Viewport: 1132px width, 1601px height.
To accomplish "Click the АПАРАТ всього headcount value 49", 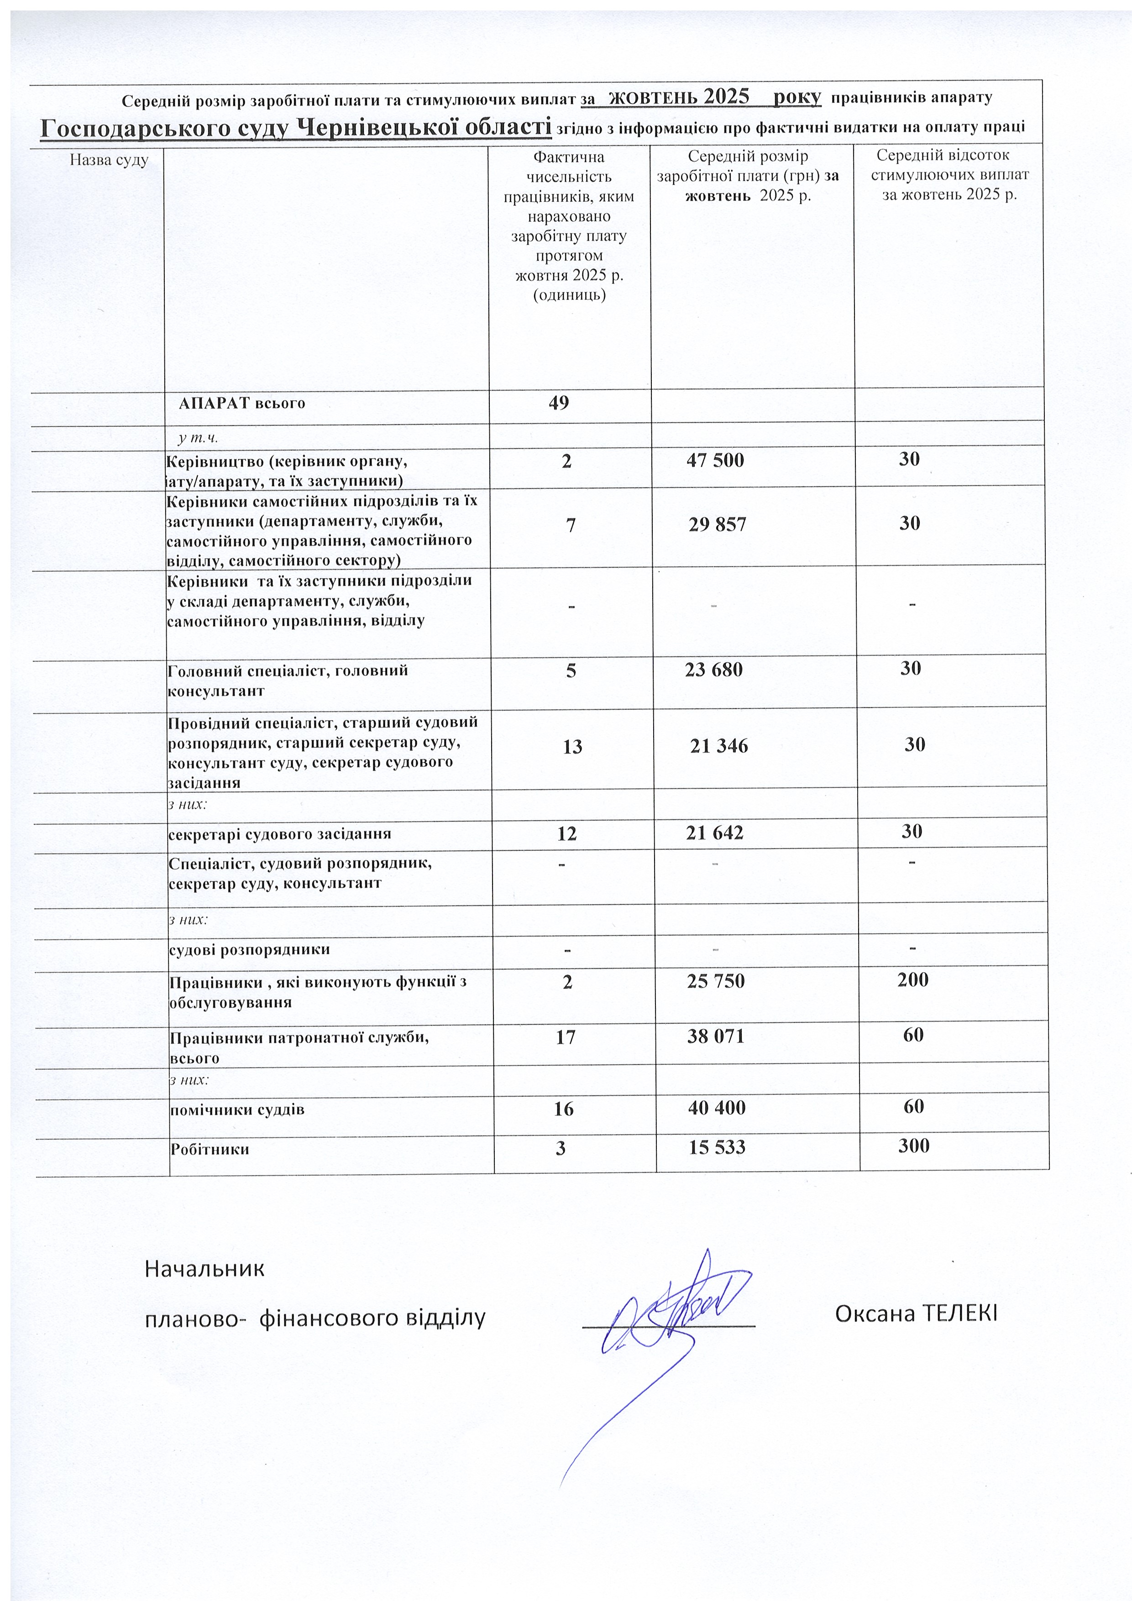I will pyautogui.click(x=559, y=403).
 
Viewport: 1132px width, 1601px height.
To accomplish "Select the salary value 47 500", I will pyautogui.click(x=715, y=460).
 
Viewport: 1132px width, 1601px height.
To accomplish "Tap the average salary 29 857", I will pyautogui.click(x=717, y=525).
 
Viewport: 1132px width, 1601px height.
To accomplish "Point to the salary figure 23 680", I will pyautogui.click(x=713, y=670).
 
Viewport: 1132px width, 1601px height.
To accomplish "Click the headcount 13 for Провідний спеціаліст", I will pyautogui.click(x=572, y=747).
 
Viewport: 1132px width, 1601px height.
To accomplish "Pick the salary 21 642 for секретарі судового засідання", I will pyautogui.click(x=714, y=832).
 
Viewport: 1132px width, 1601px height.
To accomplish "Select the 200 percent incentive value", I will pyautogui.click(x=912, y=980).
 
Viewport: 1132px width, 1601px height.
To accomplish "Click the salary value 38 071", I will pyautogui.click(x=716, y=1037).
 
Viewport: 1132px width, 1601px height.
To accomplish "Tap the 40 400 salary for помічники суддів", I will pyautogui.click(x=716, y=1107).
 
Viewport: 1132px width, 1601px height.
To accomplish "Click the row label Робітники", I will pyautogui.click(x=210, y=1149).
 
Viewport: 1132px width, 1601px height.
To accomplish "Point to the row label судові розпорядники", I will pyautogui.click(x=250, y=950).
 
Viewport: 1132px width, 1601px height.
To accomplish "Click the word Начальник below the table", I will pyautogui.click(x=204, y=1268).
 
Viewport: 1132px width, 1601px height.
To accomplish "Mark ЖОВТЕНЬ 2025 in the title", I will pyautogui.click(x=679, y=96).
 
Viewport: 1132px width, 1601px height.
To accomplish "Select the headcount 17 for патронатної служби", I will pyautogui.click(x=566, y=1037).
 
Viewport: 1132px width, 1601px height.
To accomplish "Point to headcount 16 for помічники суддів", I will pyautogui.click(x=564, y=1109).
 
